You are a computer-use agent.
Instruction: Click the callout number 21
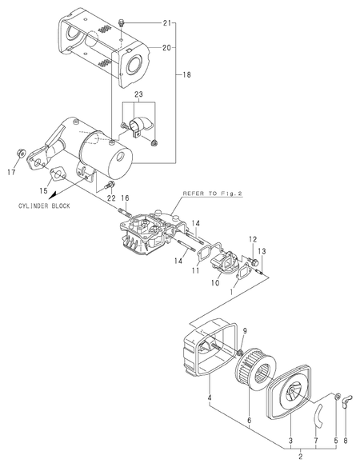coord(167,22)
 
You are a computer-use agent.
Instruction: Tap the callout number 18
coord(186,74)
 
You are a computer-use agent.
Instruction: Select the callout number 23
coord(138,94)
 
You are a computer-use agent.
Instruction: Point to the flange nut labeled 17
coord(21,154)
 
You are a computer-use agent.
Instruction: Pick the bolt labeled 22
coord(110,186)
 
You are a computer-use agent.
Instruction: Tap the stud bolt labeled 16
coord(124,213)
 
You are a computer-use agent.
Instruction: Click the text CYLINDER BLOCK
coord(44,206)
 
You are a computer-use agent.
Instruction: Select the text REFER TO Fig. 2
coord(213,194)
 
